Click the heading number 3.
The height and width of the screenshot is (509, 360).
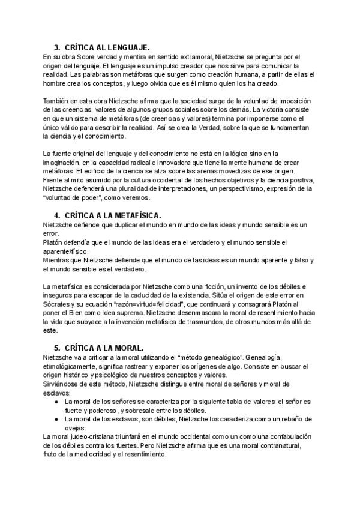click(56, 47)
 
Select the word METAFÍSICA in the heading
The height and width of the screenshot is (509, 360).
click(130, 215)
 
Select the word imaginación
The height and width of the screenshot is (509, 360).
click(64, 163)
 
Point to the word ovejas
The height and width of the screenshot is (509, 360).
click(75, 427)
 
